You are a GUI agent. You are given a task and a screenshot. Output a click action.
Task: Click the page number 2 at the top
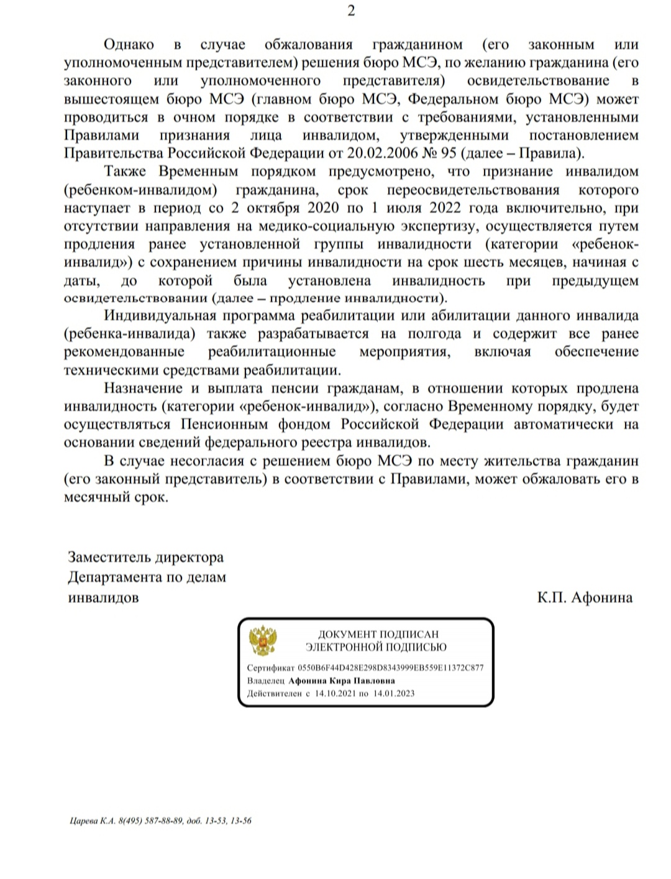click(351, 11)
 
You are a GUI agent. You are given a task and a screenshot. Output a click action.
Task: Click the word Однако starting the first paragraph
click(129, 44)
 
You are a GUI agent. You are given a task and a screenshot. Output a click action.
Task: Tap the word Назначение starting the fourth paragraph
click(143, 389)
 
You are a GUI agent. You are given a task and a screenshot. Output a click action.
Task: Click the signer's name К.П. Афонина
click(585, 597)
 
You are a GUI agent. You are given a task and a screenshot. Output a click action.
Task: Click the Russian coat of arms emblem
click(263, 642)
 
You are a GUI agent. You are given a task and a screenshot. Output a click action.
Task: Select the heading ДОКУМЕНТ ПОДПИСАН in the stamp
click(378, 635)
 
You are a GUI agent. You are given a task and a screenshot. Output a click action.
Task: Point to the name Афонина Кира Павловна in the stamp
click(342, 680)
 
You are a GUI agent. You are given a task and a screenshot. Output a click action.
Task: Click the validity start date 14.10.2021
click(335, 693)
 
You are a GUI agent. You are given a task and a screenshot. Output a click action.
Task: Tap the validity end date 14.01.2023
click(393, 693)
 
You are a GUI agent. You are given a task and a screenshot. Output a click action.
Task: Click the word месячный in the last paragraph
click(94, 498)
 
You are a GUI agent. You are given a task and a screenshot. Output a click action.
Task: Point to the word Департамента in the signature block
click(115, 578)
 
